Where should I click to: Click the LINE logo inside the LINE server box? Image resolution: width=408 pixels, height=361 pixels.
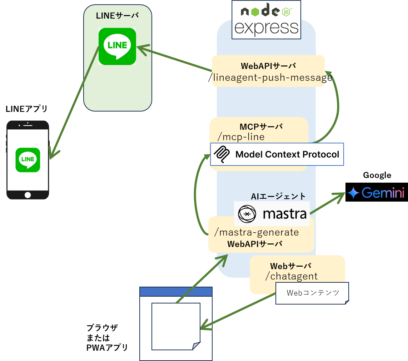[x=117, y=46]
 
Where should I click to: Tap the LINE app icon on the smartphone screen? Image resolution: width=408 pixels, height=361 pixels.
[x=28, y=160]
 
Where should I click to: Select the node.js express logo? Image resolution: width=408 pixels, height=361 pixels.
[x=266, y=20]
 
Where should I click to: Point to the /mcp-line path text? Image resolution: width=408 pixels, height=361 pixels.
[x=241, y=137]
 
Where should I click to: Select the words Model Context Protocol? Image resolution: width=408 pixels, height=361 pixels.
[x=287, y=154]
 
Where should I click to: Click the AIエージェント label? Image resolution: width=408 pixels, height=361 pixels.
[x=278, y=196]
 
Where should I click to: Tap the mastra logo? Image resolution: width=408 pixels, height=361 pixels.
[x=272, y=214]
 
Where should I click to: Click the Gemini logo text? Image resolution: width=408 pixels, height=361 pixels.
[x=383, y=193]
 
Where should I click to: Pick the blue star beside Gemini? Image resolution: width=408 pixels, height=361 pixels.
[x=353, y=193]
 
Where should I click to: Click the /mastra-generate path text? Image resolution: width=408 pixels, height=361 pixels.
[x=256, y=232]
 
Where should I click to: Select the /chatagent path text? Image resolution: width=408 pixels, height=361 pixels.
[x=292, y=276]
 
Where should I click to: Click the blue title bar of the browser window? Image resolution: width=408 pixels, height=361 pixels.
[x=176, y=292]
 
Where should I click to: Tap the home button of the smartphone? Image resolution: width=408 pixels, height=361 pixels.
[x=28, y=195]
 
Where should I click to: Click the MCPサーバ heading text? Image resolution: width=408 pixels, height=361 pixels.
[x=261, y=127]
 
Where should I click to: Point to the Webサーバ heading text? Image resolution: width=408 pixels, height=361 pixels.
[x=290, y=266]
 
